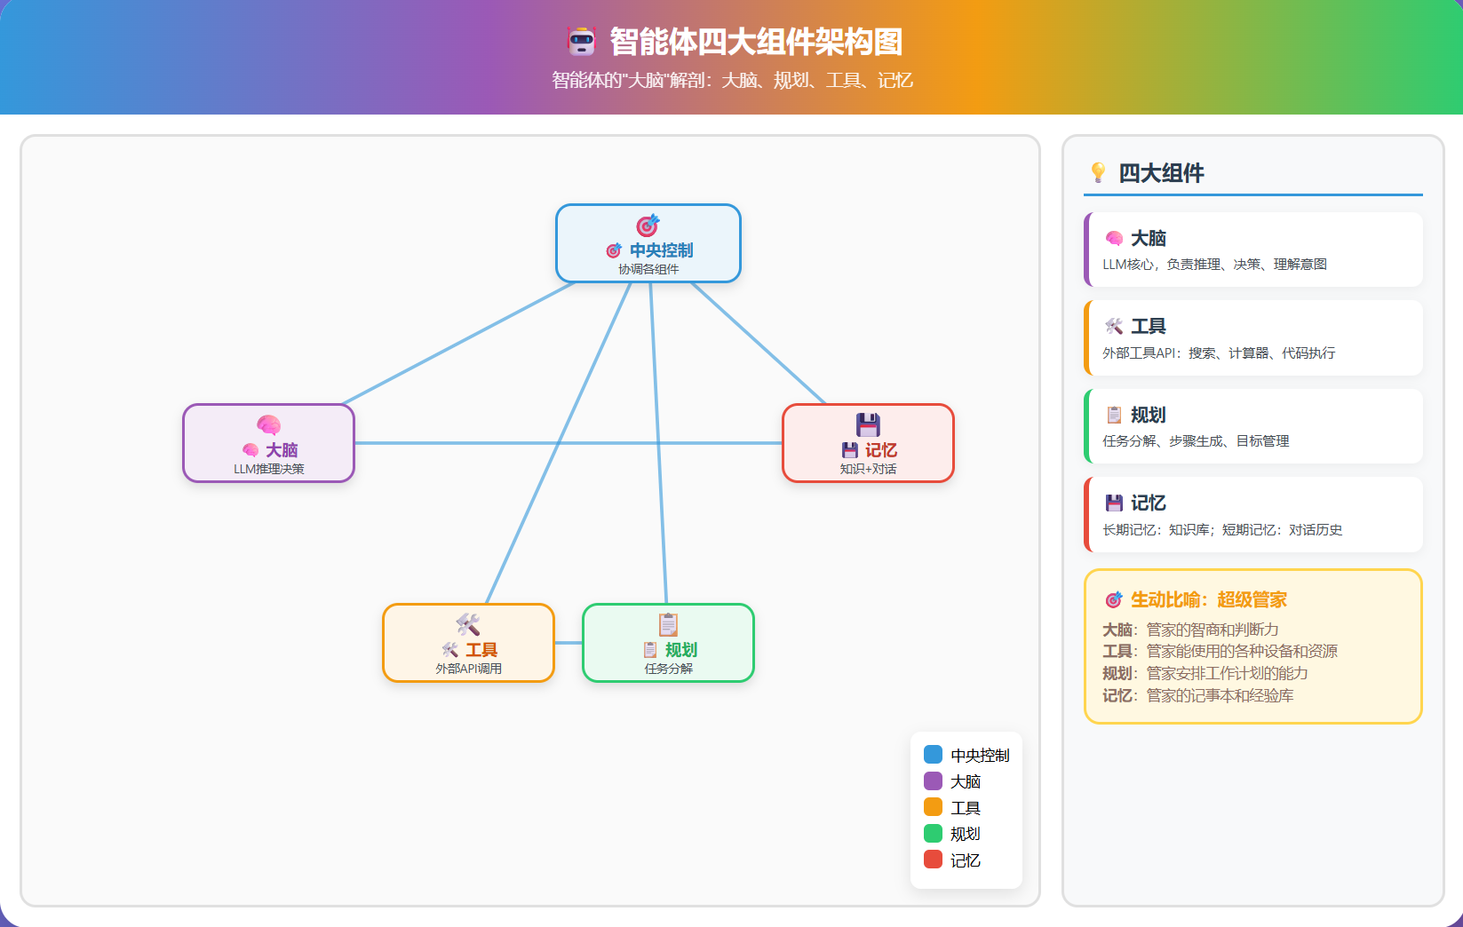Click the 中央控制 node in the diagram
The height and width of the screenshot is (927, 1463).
(648, 243)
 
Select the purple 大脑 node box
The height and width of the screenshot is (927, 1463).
(268, 443)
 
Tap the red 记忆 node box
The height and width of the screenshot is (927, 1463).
(868, 443)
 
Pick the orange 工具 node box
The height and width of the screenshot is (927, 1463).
(468, 643)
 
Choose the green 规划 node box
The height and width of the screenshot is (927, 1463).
(668, 643)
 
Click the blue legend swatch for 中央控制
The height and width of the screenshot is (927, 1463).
(933, 755)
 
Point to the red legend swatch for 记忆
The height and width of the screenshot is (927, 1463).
(933, 860)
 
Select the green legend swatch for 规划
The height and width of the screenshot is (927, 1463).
(933, 834)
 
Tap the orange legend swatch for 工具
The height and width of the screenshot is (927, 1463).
(933, 807)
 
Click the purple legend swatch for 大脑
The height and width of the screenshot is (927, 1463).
(933, 781)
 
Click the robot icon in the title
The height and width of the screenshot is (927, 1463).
(582, 41)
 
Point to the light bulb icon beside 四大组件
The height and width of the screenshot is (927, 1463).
(1099, 172)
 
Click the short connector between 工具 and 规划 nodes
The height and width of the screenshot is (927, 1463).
(569, 643)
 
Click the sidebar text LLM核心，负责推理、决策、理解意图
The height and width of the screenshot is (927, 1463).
(1214, 265)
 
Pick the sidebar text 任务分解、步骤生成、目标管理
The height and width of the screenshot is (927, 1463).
(1196, 441)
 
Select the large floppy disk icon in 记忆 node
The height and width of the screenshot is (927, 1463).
(868, 424)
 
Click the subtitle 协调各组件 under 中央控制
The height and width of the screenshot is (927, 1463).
(648, 269)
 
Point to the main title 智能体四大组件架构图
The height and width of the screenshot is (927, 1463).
(756, 42)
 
